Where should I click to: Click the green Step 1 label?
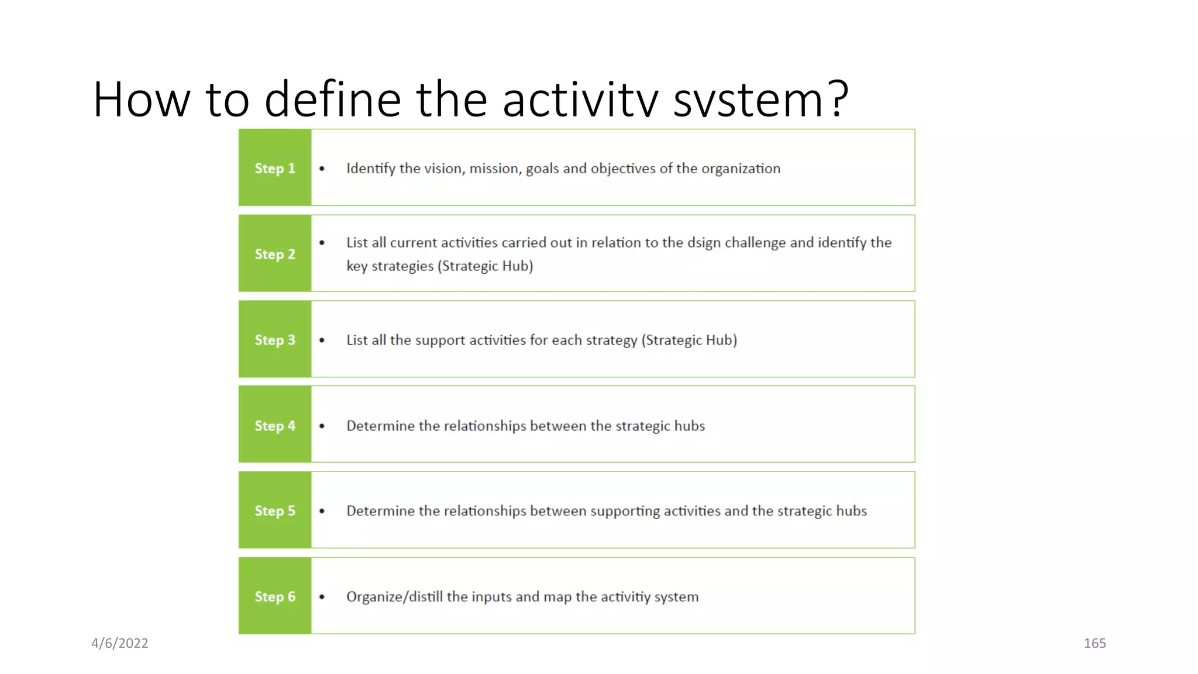point(274,168)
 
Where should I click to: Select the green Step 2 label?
point(274,254)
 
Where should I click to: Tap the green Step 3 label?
point(274,340)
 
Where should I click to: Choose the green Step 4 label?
point(274,425)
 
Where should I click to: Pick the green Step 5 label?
point(274,511)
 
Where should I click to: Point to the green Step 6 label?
point(274,596)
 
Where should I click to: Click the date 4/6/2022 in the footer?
point(120,643)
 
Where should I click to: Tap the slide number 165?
point(1094,643)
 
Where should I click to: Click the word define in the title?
point(332,99)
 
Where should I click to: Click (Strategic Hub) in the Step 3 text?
point(689,341)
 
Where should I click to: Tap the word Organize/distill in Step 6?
point(394,597)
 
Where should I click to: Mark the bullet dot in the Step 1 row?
point(322,168)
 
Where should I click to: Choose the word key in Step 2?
point(356,266)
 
